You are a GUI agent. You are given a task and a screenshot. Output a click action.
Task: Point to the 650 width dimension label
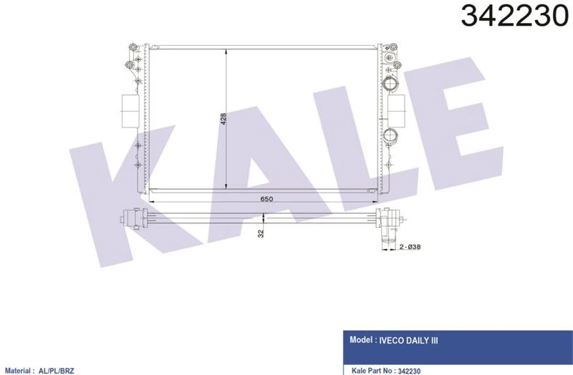[x=266, y=199]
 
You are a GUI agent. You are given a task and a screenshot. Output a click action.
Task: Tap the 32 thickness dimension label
[x=262, y=233]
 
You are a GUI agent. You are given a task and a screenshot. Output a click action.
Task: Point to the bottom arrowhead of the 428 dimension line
[x=227, y=187]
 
